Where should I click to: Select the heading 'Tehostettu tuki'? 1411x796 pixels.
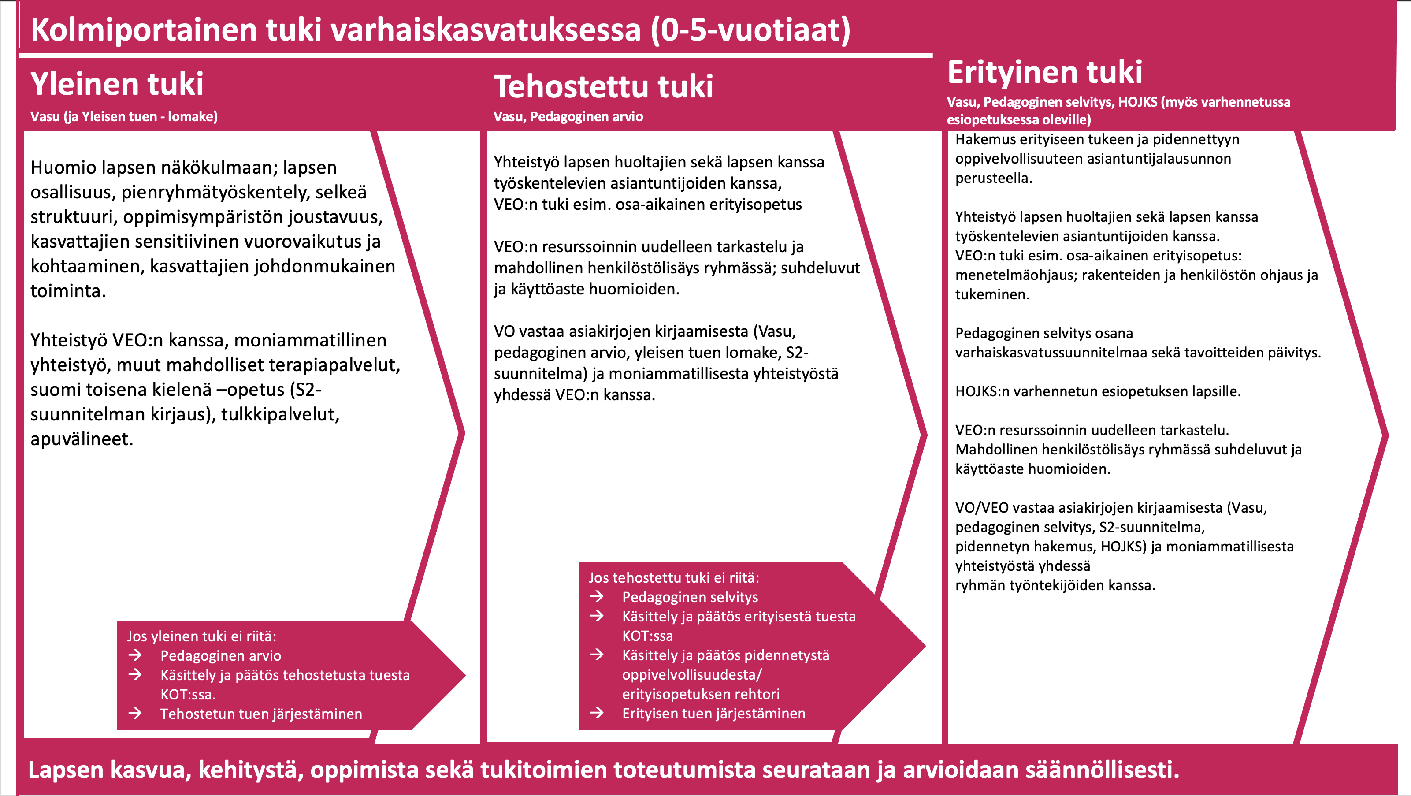[603, 87]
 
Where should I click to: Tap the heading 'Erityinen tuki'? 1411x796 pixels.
[1044, 72]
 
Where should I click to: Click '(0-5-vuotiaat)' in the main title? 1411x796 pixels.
[750, 30]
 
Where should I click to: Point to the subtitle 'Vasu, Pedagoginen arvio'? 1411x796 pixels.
[568, 117]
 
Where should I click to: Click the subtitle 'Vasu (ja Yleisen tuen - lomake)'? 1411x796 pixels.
[124, 117]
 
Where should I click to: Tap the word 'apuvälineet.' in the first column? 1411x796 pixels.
[82, 439]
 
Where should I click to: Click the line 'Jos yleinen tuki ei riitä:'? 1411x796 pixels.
[201, 636]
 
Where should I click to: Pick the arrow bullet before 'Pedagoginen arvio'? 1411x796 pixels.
[135, 655]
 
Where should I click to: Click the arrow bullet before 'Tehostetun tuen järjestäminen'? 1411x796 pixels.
[135, 713]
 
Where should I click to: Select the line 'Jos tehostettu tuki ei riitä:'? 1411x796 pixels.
[674, 578]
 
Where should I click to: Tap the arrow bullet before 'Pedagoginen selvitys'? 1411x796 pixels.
[597, 597]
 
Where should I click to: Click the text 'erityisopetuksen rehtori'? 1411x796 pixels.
[701, 694]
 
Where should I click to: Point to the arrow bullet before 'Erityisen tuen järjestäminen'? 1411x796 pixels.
[597, 713]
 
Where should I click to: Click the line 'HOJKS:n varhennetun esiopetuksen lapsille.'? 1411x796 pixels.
[1098, 392]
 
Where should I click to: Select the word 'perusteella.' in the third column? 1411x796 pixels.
[994, 179]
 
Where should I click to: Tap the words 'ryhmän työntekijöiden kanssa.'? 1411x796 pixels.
[1055, 586]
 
